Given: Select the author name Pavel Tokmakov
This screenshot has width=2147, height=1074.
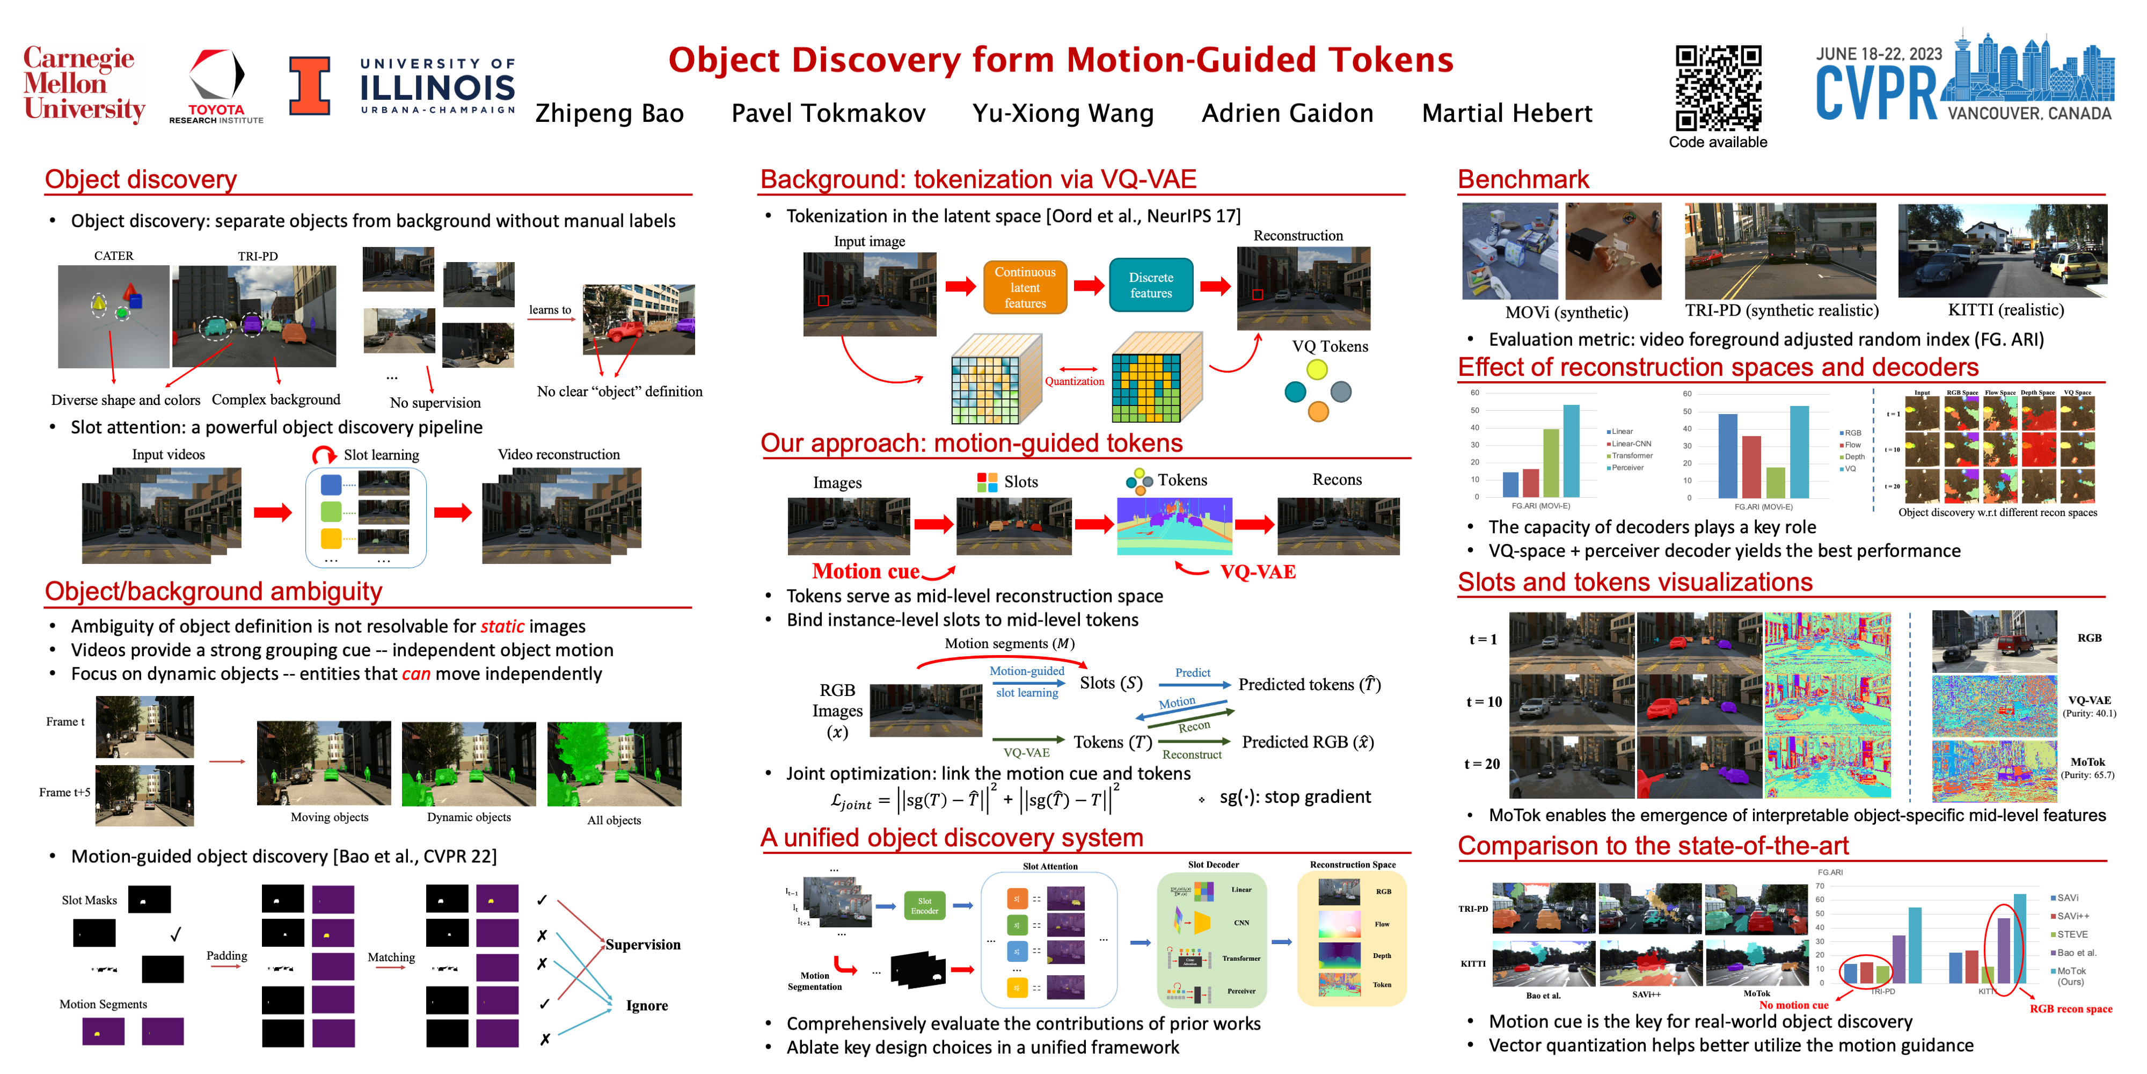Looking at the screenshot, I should tap(828, 113).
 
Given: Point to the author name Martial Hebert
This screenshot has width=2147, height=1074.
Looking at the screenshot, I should tap(1506, 113).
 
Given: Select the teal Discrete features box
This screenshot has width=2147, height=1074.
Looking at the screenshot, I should tap(1150, 285).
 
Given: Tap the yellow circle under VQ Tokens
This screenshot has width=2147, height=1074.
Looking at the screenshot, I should tap(1317, 369).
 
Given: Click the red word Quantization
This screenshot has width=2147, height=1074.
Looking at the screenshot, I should tap(1075, 382).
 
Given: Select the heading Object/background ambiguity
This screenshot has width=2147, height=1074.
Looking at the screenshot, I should tap(214, 591).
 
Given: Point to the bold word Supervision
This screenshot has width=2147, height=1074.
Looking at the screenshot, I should tap(642, 945).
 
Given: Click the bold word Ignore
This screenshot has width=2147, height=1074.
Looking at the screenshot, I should tap(647, 1006).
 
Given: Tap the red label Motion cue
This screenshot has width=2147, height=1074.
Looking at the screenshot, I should tap(865, 571).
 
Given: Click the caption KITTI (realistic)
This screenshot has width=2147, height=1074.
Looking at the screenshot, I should tap(2005, 310).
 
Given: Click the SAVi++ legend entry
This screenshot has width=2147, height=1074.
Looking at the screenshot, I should tap(2072, 916).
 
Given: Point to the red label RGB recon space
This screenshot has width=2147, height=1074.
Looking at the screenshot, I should tap(2070, 1009).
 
